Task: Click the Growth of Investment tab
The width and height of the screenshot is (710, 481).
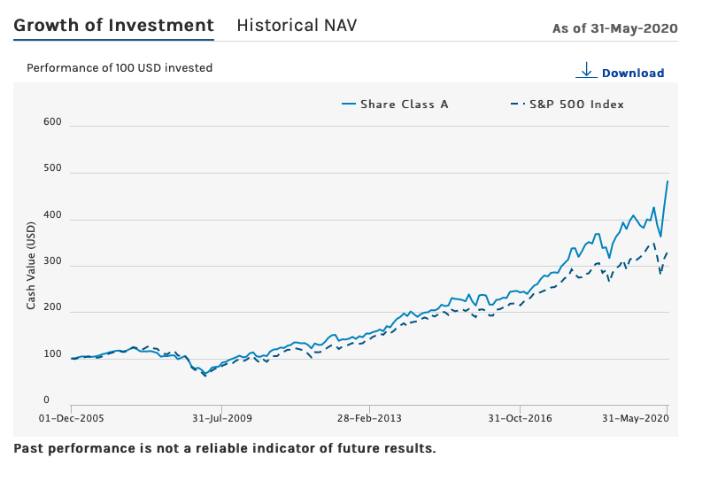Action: [x=113, y=25]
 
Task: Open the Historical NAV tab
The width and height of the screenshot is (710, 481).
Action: [x=297, y=25]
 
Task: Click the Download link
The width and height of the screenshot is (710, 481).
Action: [x=632, y=74]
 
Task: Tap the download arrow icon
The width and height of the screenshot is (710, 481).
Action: [x=586, y=70]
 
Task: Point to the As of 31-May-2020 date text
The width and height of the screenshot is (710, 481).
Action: [x=614, y=28]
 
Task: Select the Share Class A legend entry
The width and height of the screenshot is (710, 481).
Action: [x=395, y=105]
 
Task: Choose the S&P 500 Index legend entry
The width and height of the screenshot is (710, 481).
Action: [x=567, y=105]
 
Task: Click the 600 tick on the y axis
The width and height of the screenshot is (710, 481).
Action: [x=52, y=122]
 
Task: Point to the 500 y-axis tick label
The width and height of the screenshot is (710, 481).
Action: [x=52, y=168]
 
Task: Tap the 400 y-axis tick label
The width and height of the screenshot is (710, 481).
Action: [x=52, y=215]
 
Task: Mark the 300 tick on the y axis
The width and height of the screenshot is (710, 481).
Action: [x=52, y=261]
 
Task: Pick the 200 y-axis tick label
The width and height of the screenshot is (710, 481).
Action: [x=52, y=308]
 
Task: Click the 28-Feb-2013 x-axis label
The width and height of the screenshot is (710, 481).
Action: [x=369, y=417]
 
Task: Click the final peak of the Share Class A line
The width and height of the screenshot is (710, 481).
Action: [x=668, y=181]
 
